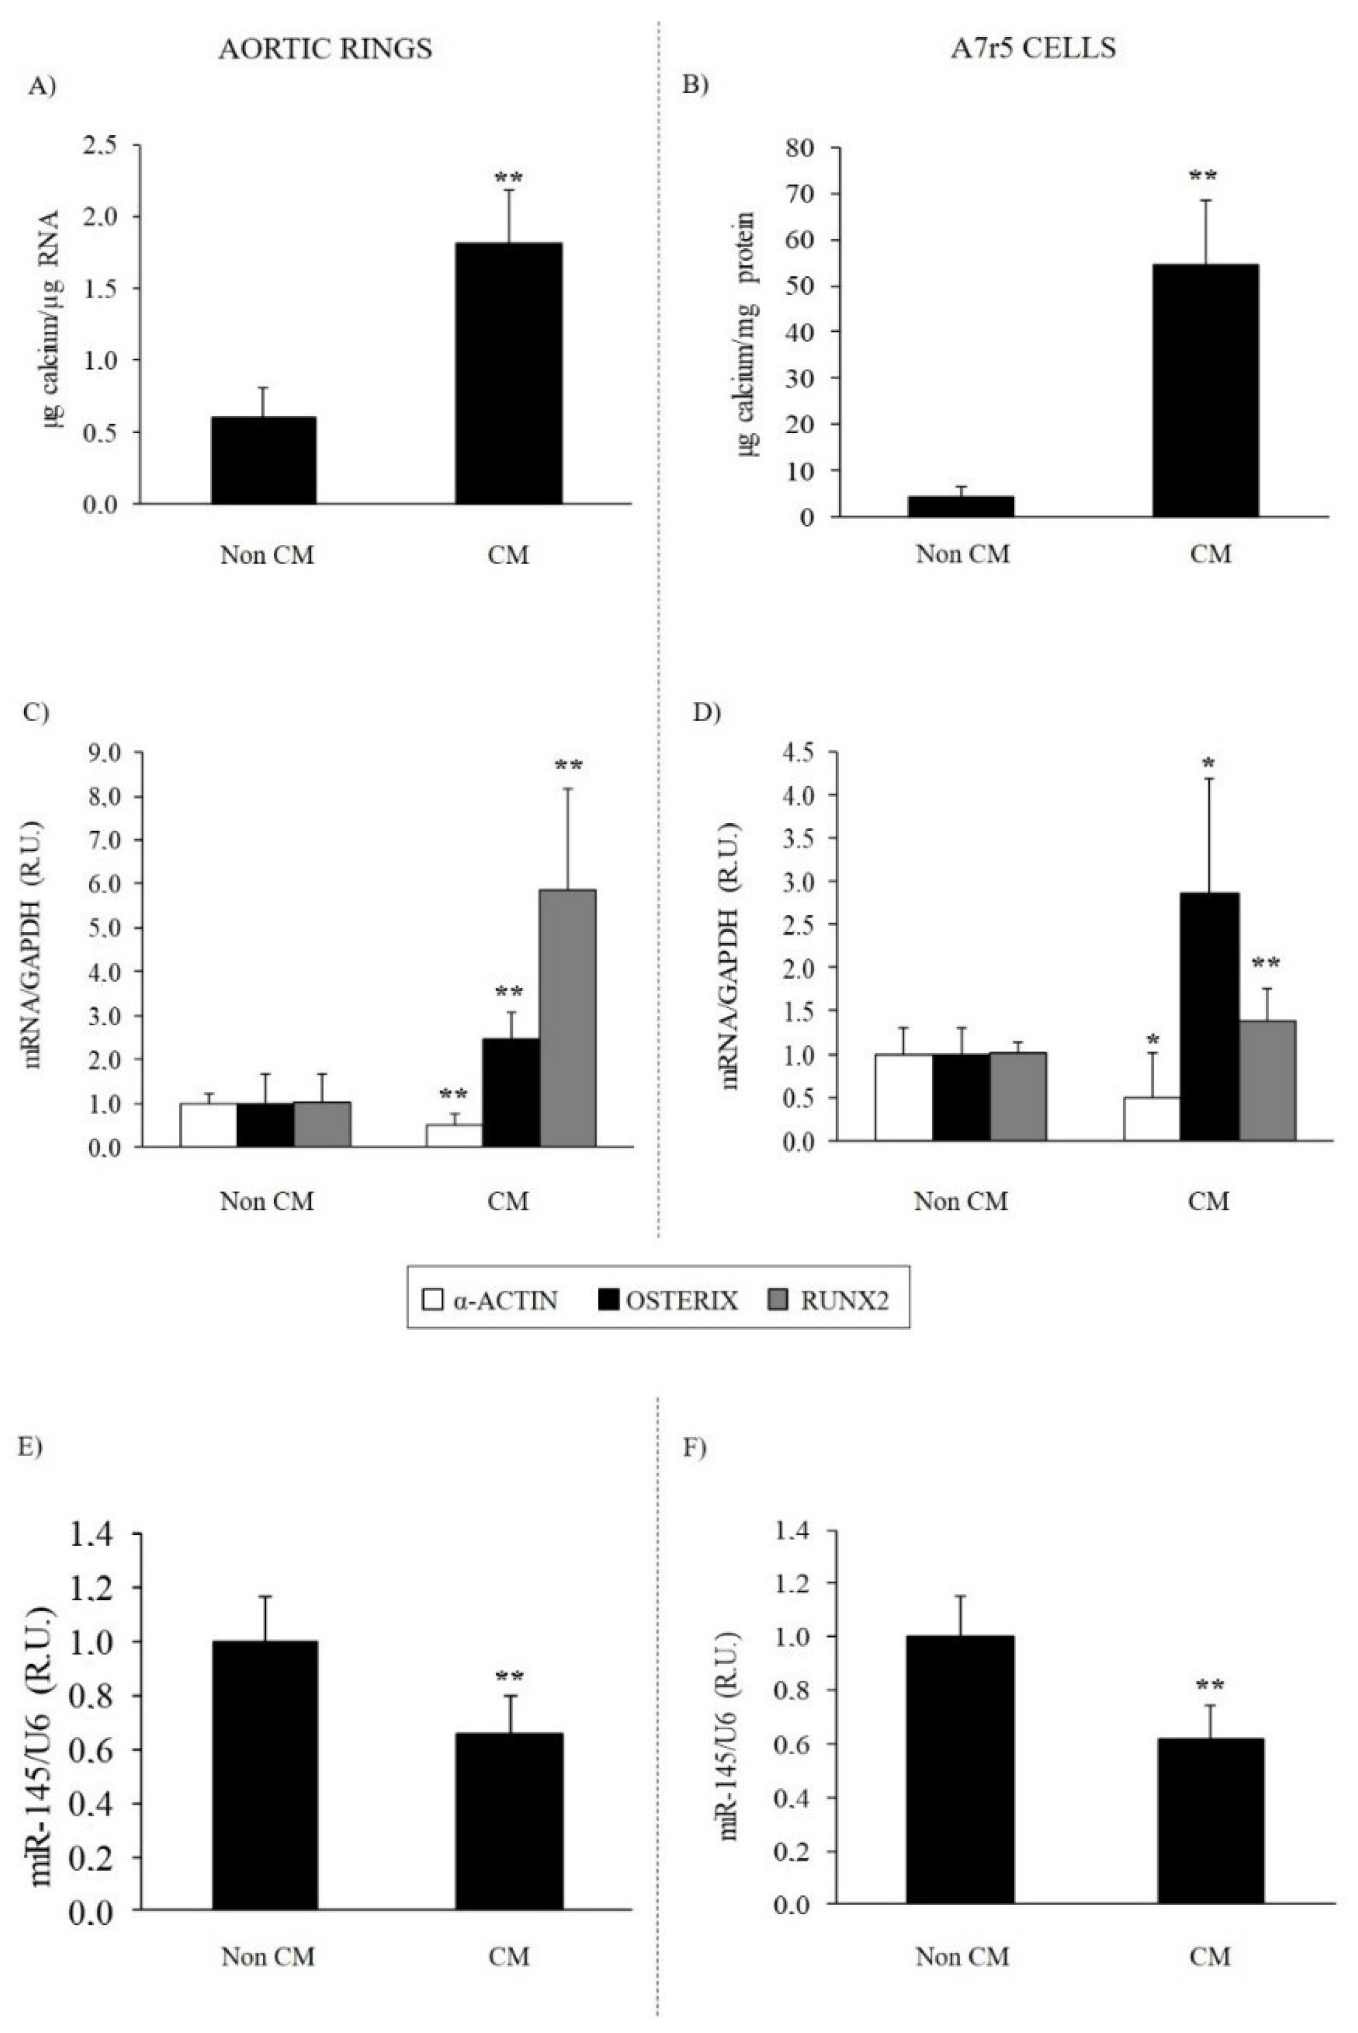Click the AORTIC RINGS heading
point(325,48)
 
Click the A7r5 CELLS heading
point(1032,48)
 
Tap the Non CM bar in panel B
point(961,506)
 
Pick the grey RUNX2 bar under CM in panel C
point(567,1018)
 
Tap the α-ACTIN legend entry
point(489,1300)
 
